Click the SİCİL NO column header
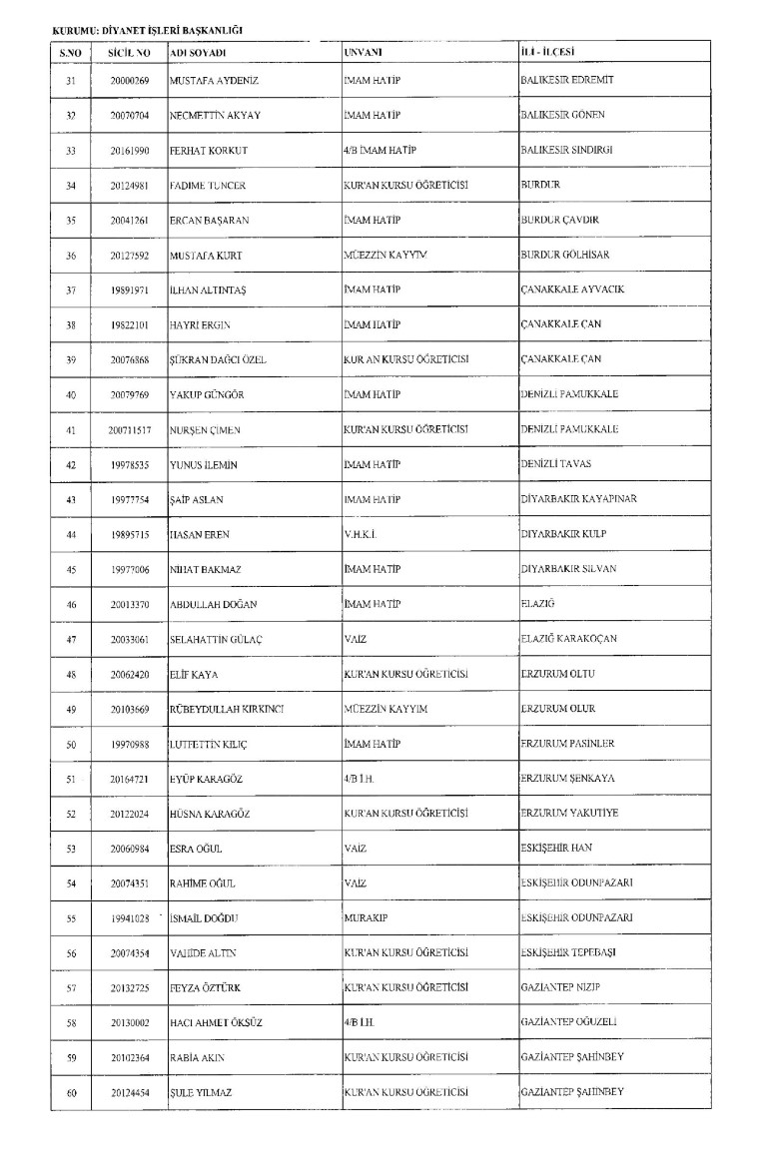[x=130, y=51]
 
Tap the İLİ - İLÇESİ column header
[x=553, y=51]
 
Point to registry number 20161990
[x=130, y=151]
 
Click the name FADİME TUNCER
[x=209, y=186]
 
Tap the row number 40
[x=71, y=395]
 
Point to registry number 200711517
[x=130, y=430]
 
